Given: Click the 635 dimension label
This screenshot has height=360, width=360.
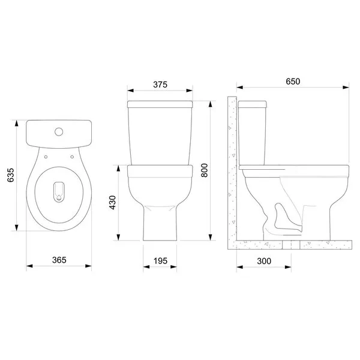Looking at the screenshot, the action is (11, 175).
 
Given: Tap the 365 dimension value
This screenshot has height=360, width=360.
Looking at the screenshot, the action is (59, 260).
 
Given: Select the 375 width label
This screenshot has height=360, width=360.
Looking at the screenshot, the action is (160, 85).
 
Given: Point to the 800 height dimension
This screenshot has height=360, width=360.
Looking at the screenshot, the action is (204, 170).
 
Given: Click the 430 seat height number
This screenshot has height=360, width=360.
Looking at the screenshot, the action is (112, 202).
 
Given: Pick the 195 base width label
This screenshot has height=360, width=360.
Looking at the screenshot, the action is (160, 261).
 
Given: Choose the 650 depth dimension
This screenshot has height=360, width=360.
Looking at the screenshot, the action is (293, 81).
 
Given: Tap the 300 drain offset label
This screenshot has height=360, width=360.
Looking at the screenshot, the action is (264, 261).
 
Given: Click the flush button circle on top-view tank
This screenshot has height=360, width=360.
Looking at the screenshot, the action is (59, 131).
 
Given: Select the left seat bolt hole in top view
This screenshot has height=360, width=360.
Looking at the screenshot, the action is (46, 157).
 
